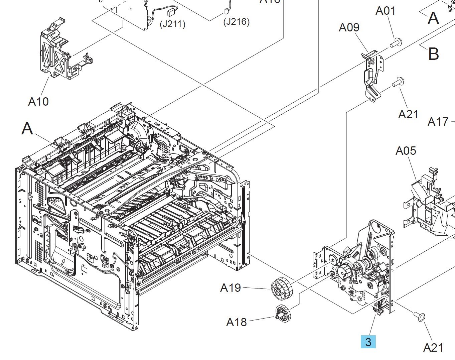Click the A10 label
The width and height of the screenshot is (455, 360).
click(38, 101)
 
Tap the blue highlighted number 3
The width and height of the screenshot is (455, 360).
click(368, 342)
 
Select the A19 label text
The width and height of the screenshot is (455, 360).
click(231, 287)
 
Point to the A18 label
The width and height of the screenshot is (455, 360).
click(237, 322)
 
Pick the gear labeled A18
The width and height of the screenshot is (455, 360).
click(283, 314)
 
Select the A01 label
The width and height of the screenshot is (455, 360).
click(386, 11)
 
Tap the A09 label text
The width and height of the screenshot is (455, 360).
click(349, 27)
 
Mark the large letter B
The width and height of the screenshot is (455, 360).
click(433, 53)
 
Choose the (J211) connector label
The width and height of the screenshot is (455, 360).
click(172, 24)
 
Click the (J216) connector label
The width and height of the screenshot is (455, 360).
click(237, 22)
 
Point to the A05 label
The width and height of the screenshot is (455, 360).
click(406, 151)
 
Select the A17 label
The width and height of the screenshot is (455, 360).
click(438, 122)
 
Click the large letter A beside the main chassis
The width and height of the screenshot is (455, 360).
click(27, 128)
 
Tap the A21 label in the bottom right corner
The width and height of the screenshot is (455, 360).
click(433, 348)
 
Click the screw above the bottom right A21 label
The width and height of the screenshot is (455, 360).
click(420, 316)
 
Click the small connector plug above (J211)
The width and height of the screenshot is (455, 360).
click(171, 12)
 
